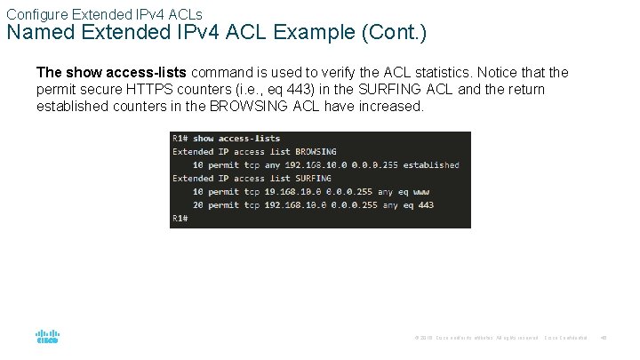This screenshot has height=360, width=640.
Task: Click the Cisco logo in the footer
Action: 48,337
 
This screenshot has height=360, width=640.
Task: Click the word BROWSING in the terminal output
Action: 316,151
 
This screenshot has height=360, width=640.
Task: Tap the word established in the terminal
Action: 430,164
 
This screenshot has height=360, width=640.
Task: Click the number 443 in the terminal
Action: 425,204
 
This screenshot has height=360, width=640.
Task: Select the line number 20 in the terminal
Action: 196,204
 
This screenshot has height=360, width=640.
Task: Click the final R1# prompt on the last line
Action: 180,218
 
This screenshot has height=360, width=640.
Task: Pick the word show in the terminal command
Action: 204,138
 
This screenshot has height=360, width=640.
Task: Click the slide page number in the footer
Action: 604,338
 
